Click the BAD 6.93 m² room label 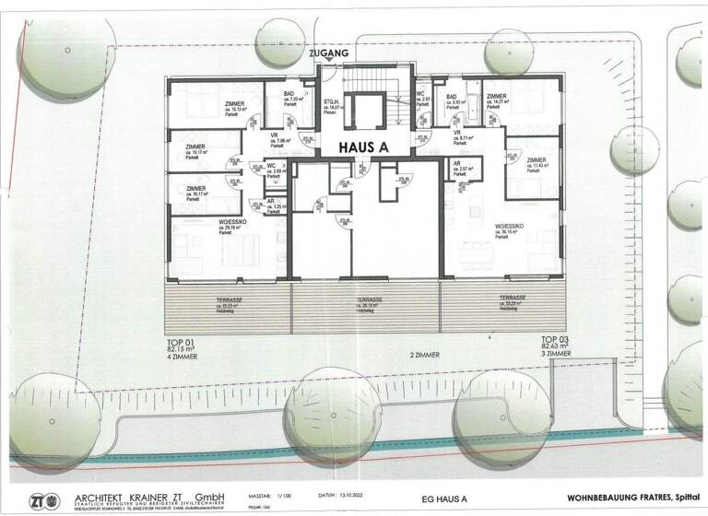coord(456,101)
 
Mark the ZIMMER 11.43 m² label coord(537,164)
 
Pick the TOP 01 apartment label coord(180,341)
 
